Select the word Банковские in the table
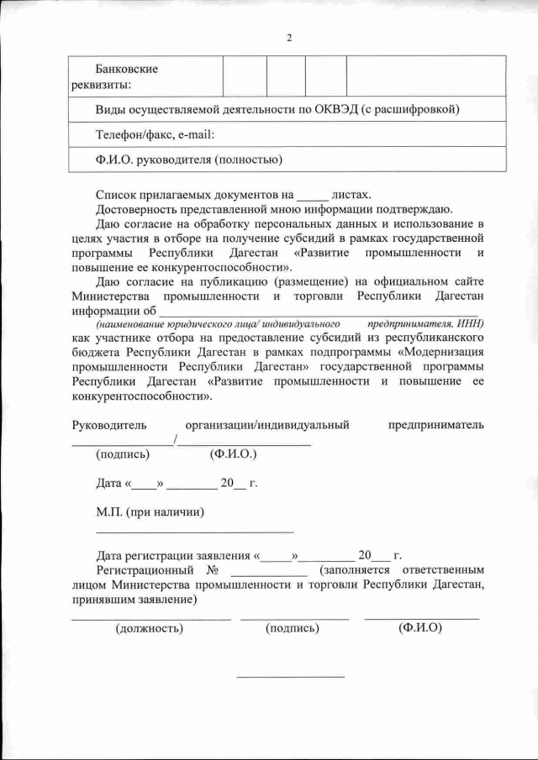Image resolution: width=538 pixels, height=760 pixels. tap(127, 69)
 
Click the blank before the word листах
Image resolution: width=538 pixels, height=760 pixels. tap(314, 194)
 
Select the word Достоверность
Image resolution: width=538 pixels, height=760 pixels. tap(136, 208)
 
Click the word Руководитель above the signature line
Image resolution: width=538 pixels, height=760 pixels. tap(109, 425)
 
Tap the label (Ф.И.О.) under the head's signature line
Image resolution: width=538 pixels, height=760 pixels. tap(233, 454)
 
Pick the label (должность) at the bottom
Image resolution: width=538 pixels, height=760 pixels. tap(149, 627)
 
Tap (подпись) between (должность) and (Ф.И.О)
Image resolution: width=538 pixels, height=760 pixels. tap(292, 627)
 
